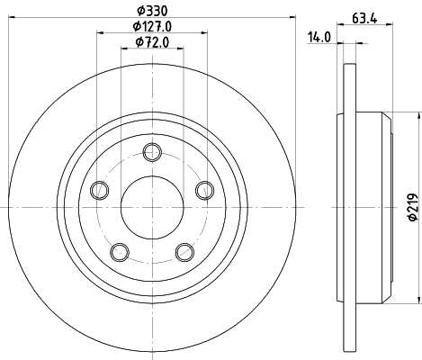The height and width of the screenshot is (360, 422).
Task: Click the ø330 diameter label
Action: pos(150,10)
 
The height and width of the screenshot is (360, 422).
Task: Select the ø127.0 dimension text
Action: pos(152,26)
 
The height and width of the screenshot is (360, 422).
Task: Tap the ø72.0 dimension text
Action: pos(152,41)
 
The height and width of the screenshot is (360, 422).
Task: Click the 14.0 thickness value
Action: pos(320,37)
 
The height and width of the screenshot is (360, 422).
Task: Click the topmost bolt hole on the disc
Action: pos(152,149)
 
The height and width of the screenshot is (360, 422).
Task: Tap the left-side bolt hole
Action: pos(99,189)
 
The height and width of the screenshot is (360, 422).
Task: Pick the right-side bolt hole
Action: pos(204,189)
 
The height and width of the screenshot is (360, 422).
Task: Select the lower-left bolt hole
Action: pos(119,250)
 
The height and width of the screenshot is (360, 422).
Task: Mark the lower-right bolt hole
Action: pos(184,250)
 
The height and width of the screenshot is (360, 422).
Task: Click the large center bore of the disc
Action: pos(152,206)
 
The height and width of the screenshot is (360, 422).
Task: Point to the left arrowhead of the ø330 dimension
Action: pos(13,19)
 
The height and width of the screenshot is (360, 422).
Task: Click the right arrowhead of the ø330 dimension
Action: pos(292,19)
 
